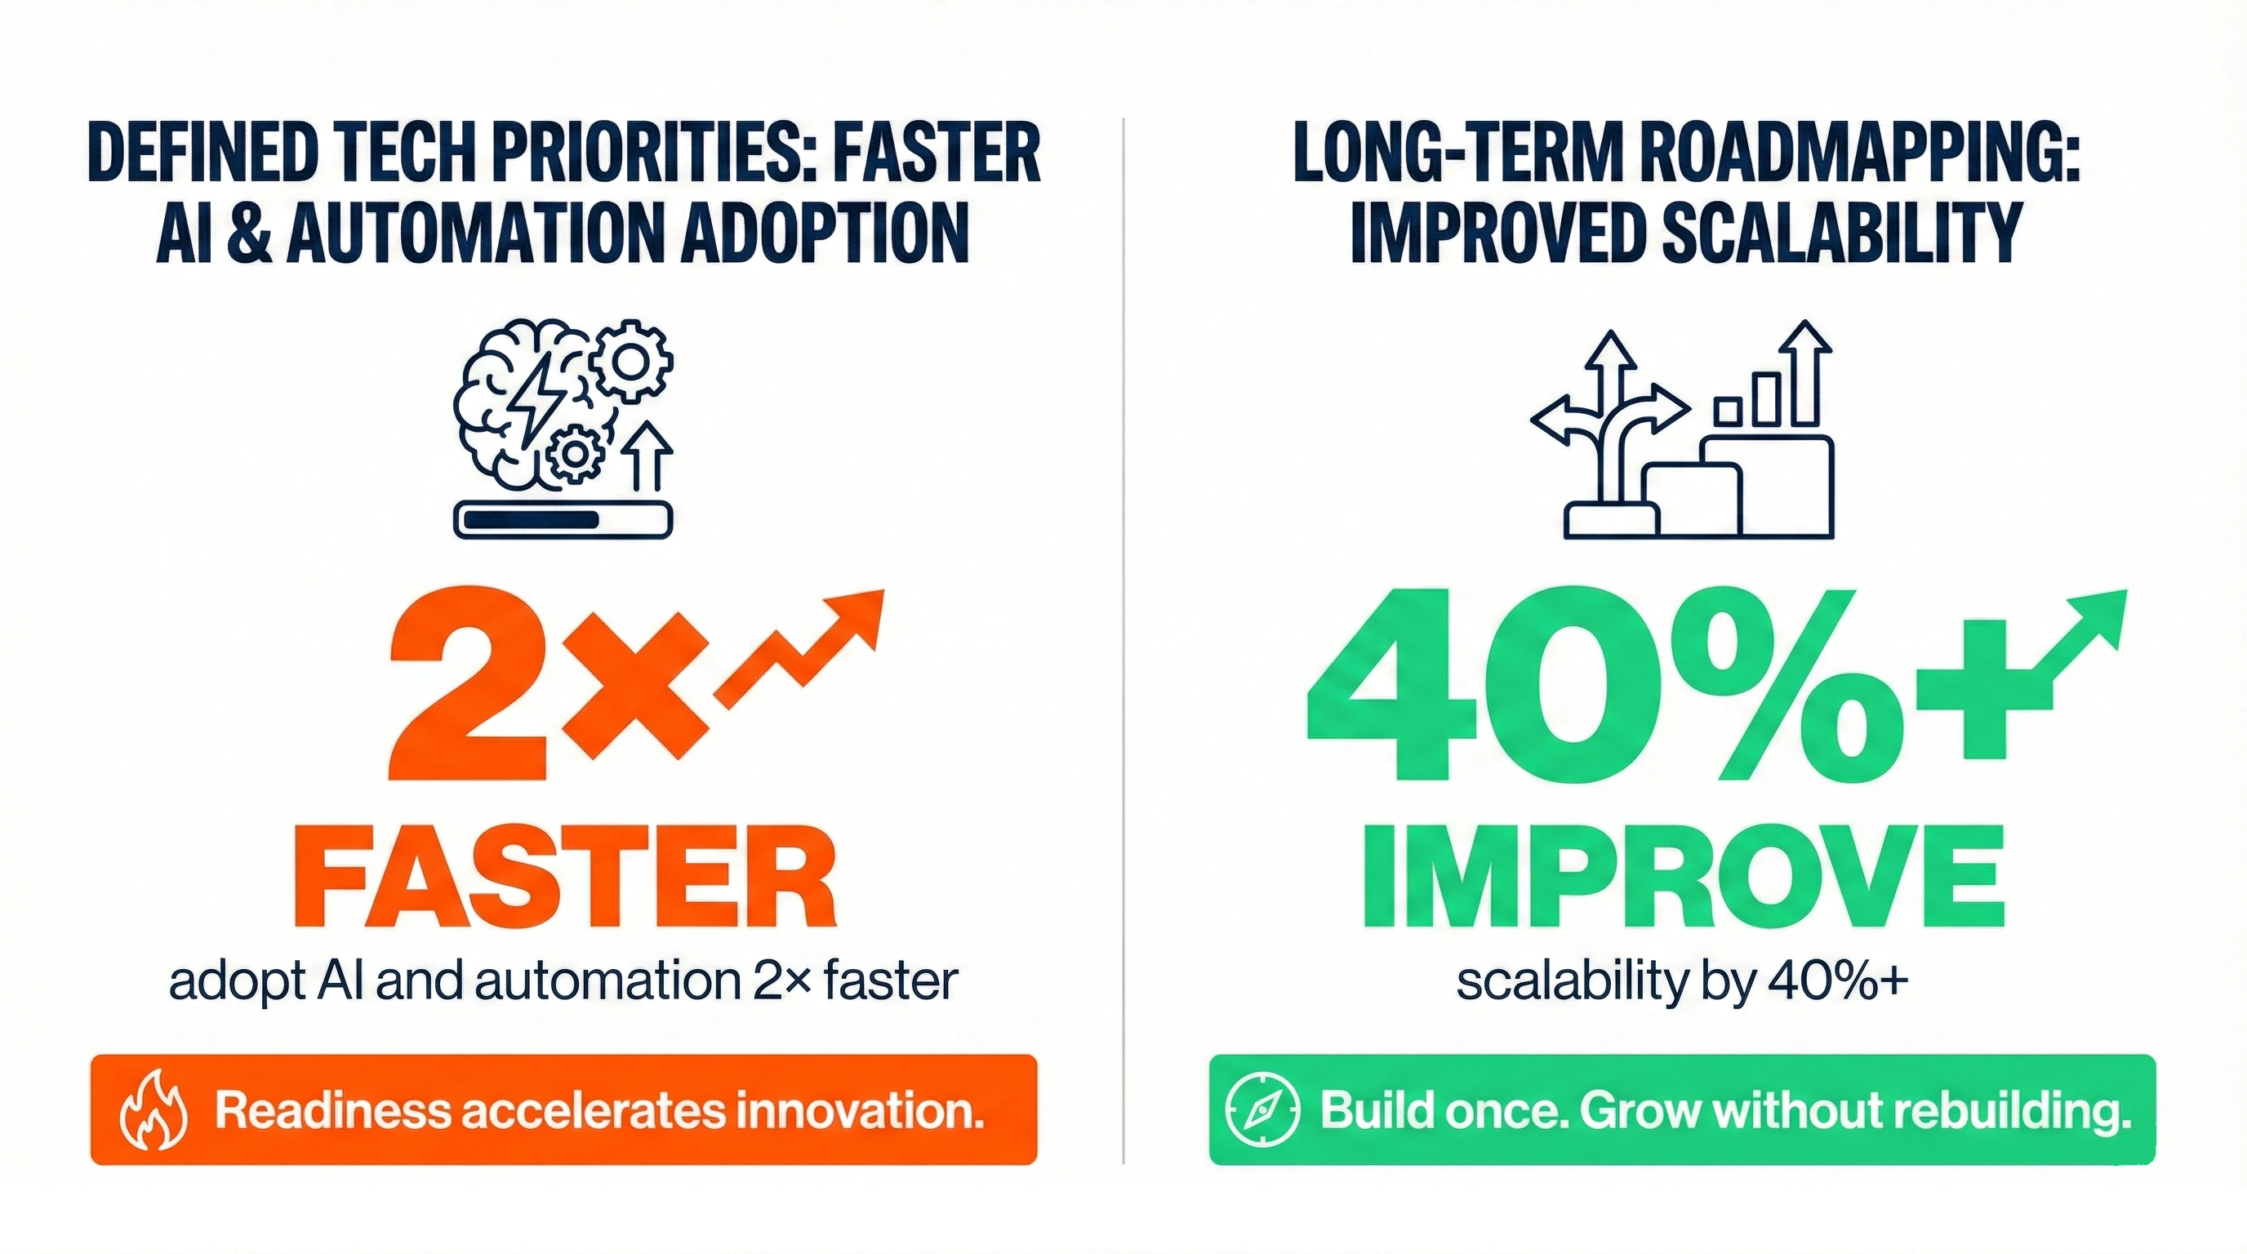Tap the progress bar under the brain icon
point(563,520)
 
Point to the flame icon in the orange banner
point(154,1111)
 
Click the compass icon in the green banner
point(1263,1110)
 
